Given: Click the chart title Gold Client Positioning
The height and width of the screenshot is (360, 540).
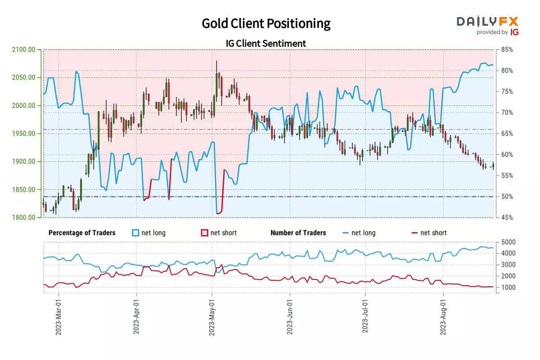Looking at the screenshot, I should point(266,23).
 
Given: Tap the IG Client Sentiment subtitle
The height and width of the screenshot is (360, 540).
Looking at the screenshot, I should point(266,43).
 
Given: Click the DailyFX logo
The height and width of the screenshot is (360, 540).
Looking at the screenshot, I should point(488,25).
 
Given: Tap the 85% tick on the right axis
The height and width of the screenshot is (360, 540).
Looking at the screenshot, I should point(508,49).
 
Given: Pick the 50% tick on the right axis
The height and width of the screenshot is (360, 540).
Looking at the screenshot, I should point(508,197).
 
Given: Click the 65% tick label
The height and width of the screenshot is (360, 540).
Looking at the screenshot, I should point(508,134).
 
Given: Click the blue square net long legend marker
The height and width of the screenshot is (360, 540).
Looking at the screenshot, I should point(135,233).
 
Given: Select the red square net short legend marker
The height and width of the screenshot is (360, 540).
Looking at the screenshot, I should point(204,233).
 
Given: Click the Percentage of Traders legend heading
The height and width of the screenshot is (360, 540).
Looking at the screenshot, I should point(82,233).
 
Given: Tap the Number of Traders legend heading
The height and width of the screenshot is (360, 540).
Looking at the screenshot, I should point(298,233).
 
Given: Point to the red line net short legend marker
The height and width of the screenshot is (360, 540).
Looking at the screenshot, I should point(414,233).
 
